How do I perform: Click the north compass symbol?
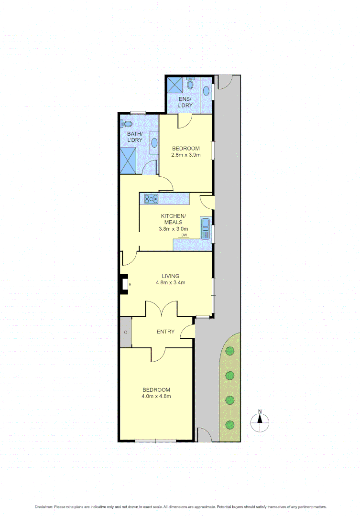coord(260,420)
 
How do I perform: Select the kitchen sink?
coord(206,228)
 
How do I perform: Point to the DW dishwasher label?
coord(184,235)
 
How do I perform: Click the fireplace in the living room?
coord(124,284)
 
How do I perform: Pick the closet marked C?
coord(126,332)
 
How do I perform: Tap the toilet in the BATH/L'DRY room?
coord(127,123)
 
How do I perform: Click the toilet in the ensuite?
coord(190,85)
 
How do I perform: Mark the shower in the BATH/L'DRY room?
coord(129,160)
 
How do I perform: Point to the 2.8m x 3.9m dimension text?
coord(185,155)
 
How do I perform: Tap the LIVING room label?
coord(170,276)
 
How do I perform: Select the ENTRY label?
coord(165,332)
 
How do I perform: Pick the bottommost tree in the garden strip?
coord(230,424)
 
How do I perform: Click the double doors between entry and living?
coord(162,309)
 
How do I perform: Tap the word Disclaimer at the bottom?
coord(44,506)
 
